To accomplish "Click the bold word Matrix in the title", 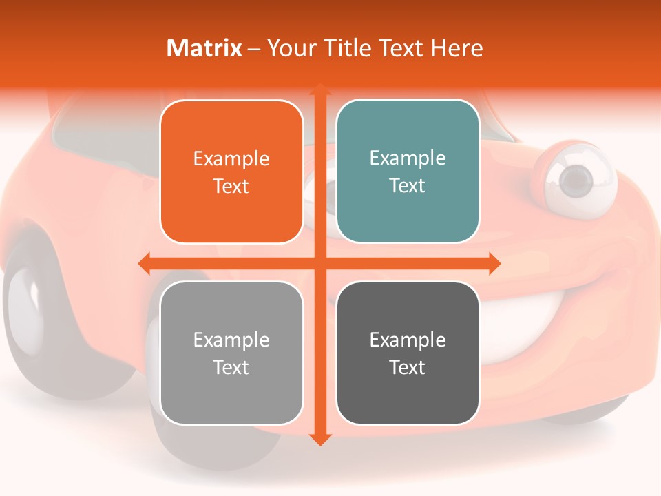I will tap(204, 48).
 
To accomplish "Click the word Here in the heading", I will tap(457, 48).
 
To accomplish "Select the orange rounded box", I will tap(231, 172).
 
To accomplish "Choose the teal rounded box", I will tap(408, 172).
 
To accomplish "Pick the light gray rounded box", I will tap(231, 353).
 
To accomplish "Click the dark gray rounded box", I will tap(408, 353).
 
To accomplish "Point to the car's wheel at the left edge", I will tap(28, 310).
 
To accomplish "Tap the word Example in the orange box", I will tap(231, 158).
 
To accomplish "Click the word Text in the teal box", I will tap(408, 185).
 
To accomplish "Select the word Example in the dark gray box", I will tap(408, 340).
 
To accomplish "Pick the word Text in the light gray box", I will tap(231, 367).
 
